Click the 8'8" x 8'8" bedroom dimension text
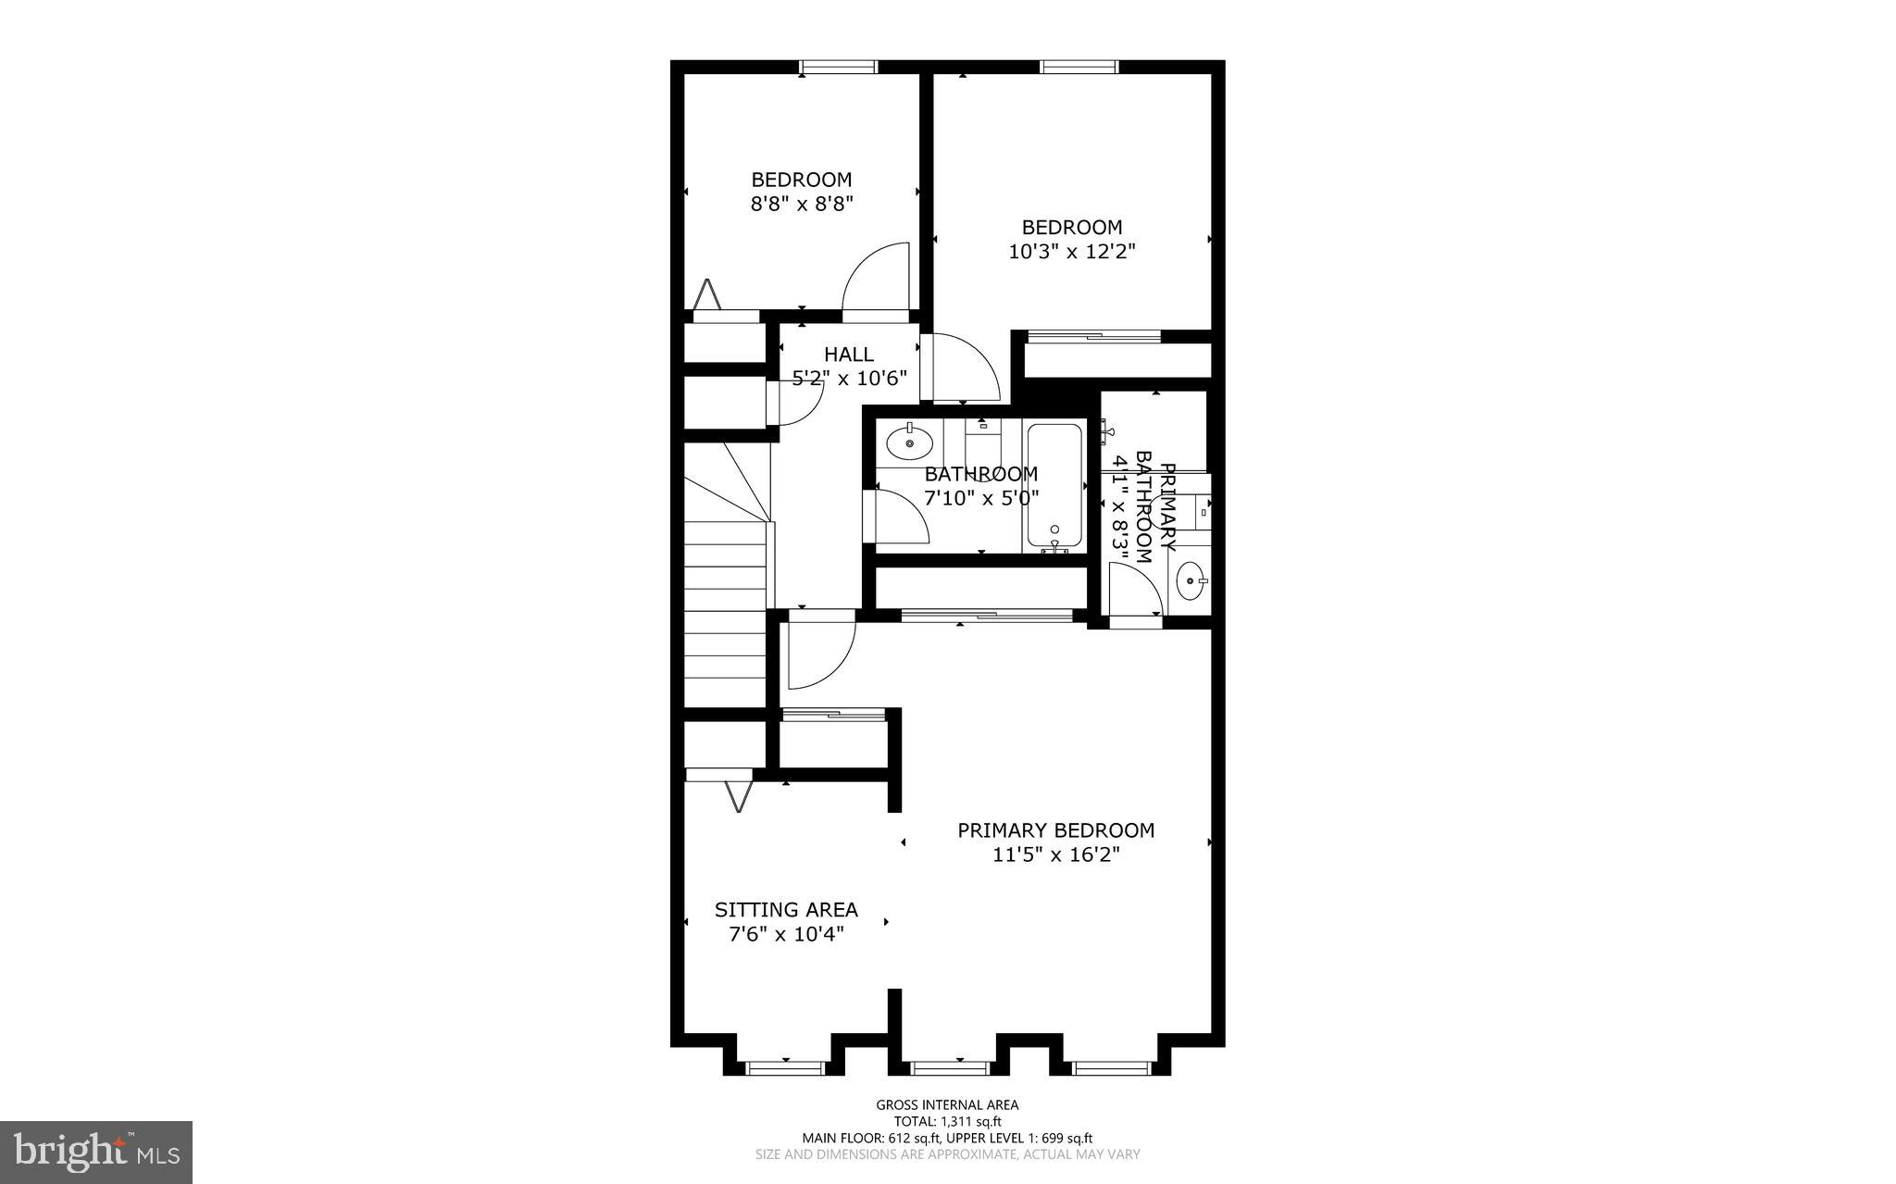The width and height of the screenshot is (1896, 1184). (x=801, y=204)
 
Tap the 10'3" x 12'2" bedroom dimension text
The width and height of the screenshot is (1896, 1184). (x=1071, y=251)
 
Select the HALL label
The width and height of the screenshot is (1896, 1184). (x=849, y=354)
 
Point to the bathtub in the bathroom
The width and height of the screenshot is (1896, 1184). (x=1054, y=486)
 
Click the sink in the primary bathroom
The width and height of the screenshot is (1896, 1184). (x=1190, y=581)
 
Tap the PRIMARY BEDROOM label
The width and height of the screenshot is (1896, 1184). (x=1055, y=830)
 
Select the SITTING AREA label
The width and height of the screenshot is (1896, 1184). (x=786, y=910)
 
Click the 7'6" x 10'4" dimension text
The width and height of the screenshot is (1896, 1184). (x=786, y=935)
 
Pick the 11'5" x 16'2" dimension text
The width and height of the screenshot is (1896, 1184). (x=1055, y=855)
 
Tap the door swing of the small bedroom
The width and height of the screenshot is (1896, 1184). (x=875, y=278)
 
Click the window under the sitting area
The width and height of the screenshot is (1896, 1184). (x=785, y=1067)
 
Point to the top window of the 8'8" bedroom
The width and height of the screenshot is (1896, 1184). (x=838, y=67)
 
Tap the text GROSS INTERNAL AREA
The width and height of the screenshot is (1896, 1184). (x=947, y=1104)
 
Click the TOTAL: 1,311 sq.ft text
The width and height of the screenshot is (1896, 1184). (x=947, y=1121)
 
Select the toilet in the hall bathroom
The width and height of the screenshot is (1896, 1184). (x=983, y=444)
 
